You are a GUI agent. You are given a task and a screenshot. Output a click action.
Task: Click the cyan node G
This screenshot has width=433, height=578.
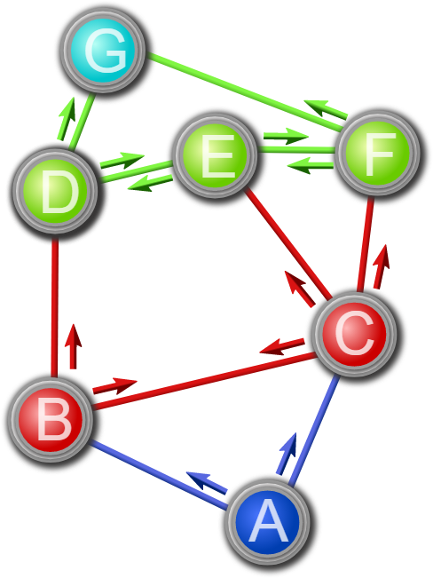tap(104, 49)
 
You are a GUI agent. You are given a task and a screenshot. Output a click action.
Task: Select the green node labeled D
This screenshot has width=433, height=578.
tap(55, 191)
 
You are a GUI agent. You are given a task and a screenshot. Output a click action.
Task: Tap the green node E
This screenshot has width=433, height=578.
tap(215, 154)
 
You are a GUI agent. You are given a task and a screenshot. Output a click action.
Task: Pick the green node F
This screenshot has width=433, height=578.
tap(378, 152)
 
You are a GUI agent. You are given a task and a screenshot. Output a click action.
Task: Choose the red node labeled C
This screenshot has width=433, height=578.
tap(355, 334)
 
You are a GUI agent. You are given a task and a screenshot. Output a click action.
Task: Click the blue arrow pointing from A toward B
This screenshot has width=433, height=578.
tap(207, 482)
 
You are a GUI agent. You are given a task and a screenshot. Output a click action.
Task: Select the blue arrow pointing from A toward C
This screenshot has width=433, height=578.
tap(287, 454)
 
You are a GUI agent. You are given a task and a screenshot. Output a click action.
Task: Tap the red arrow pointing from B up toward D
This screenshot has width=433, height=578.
tap(73, 346)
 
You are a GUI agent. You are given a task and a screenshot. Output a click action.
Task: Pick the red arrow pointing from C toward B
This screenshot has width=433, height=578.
tap(282, 346)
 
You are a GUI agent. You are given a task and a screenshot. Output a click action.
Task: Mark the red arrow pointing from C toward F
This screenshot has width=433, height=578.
tap(382, 266)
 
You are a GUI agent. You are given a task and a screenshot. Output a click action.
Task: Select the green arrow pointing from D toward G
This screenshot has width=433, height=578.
tap(67, 119)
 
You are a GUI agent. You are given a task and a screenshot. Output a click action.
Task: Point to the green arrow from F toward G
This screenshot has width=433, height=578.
tap(326, 109)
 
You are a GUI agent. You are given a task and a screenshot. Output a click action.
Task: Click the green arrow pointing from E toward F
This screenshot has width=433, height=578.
tap(286, 136)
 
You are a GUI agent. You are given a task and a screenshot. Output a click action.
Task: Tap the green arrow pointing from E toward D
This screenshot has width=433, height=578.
tap(150, 183)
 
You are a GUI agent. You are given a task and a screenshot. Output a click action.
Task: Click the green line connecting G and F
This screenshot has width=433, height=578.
tap(244, 91)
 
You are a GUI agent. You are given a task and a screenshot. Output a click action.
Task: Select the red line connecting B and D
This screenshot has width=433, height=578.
tap(55, 307)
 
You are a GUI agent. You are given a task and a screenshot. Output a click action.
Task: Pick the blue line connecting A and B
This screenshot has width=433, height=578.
tap(159, 475)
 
